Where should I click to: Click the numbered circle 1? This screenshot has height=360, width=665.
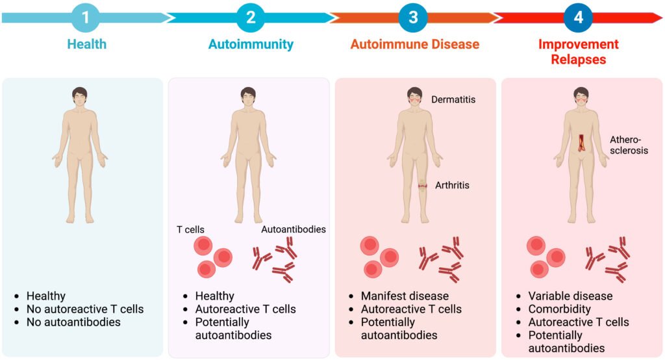coord(86,18)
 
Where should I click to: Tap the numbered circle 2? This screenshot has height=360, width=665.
coord(250,18)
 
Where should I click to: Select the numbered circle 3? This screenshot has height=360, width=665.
coord(413,18)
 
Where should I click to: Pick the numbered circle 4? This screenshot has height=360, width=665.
coord(578,18)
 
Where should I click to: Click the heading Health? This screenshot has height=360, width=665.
coord(86,45)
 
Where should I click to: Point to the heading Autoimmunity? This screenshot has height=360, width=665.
coord(251,45)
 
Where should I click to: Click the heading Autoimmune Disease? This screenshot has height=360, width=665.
coord(414,45)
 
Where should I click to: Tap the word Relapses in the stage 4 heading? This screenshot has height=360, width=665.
coord(579,60)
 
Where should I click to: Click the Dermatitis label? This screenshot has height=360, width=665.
coord(453,99)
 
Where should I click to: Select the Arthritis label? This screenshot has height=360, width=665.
coord(452,185)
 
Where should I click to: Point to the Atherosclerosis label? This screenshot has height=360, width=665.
coord(629,145)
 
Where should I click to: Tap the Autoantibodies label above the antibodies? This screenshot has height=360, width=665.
coord(293,229)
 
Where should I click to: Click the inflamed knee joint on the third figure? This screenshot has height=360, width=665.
coord(422,186)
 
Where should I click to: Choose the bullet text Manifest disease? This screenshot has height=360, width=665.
coord(395,296)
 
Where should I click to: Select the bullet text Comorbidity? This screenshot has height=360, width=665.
coord(559,309)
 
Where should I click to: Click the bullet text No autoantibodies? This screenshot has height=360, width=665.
coord(73,322)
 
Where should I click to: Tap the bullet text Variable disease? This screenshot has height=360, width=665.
coord(570,296)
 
